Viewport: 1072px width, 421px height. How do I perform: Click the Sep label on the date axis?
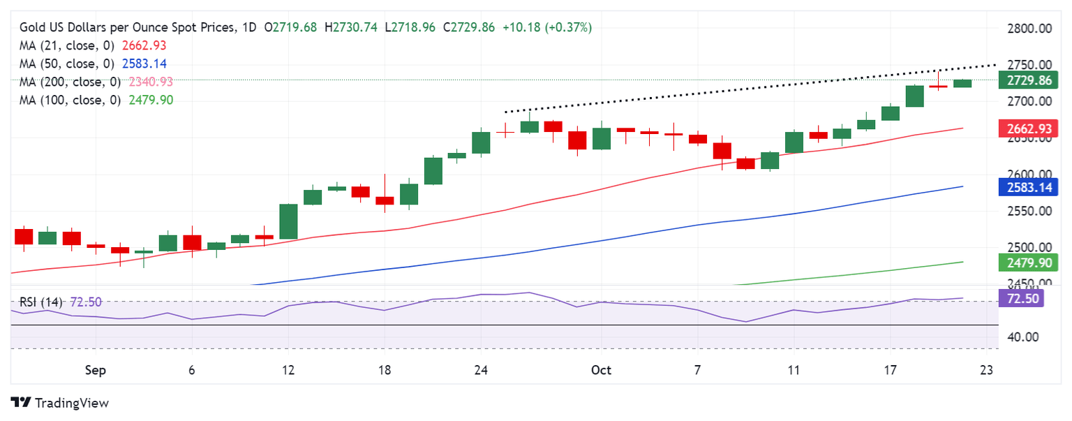point(95,371)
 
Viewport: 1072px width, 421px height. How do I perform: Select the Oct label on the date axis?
point(601,371)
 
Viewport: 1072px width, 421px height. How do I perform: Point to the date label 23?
point(986,371)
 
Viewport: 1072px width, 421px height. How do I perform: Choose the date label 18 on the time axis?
point(384,371)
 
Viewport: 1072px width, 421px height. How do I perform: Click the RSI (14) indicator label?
point(41,302)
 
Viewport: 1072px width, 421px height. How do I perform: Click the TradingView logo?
point(60,403)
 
